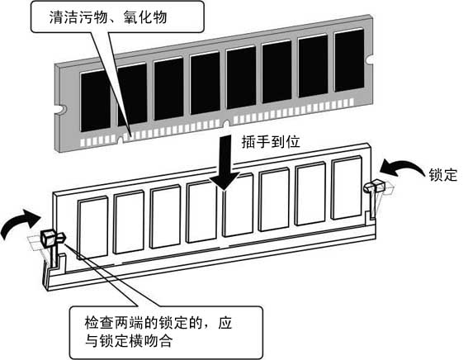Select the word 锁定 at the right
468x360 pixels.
pos(442,175)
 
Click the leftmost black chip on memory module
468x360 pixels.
pos(95,101)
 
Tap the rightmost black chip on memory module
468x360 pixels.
pos(349,59)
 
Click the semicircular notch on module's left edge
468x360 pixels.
pos(60,107)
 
